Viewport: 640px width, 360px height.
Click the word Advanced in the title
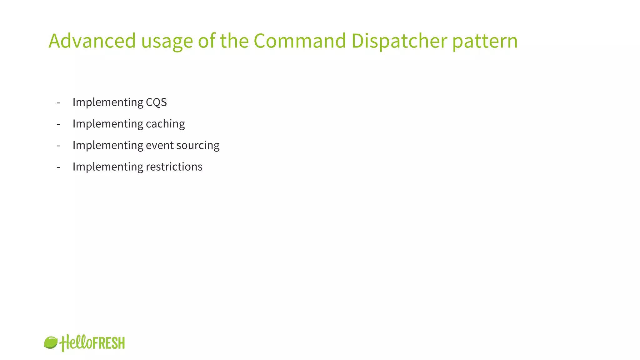92,41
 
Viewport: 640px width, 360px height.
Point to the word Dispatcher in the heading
399,41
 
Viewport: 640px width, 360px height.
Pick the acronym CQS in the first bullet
156,102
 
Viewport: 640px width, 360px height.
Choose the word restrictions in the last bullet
174,167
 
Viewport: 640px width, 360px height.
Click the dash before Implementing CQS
58,102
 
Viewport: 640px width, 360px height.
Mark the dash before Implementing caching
58,124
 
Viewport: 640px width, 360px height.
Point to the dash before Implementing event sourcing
58,146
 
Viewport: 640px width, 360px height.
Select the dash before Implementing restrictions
58,167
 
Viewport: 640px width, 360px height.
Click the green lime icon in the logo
51,342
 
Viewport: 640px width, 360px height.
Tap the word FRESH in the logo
109,343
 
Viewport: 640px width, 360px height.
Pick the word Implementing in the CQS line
108,102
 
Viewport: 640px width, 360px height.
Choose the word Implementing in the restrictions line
108,167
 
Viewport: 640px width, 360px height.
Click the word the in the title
234,41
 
